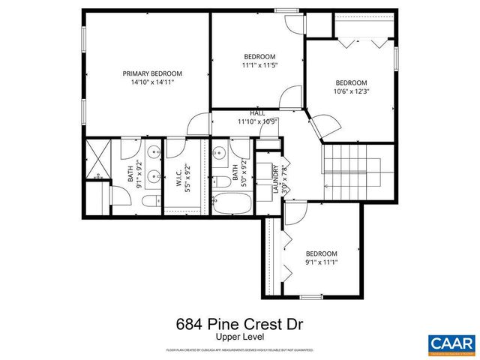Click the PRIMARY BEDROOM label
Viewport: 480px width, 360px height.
[153, 73]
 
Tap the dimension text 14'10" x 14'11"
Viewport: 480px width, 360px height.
[153, 82]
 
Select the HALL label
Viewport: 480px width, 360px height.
[258, 113]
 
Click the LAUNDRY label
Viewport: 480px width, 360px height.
[276, 178]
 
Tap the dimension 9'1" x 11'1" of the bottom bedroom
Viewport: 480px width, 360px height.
[321, 262]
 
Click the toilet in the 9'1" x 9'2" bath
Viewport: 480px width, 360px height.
[149, 200]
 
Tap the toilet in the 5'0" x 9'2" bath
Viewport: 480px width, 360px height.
[223, 181]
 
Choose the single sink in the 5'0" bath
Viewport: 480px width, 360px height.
[220, 154]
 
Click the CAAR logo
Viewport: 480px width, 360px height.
[451, 343]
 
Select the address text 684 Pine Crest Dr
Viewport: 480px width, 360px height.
[239, 325]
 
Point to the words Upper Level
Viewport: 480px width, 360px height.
[239, 338]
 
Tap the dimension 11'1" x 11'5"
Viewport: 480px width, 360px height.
[259, 65]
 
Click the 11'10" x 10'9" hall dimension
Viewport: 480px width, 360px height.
[258, 121]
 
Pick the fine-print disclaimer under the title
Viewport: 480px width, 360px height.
[239, 350]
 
